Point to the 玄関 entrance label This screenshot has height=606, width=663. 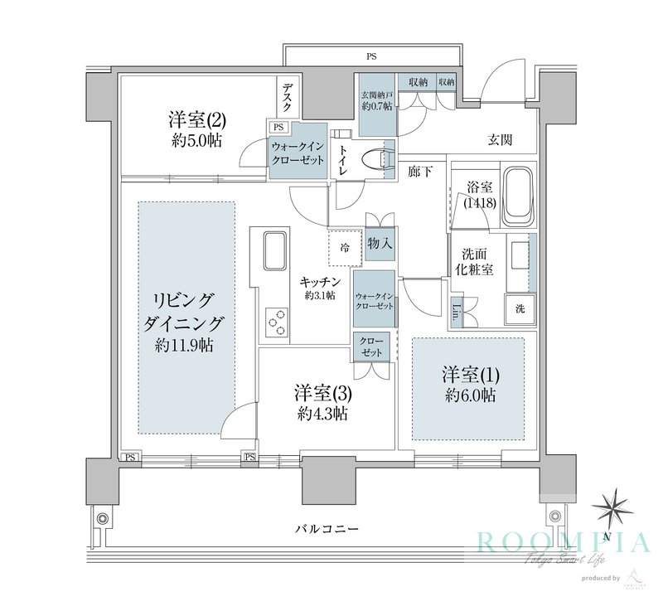pos(498,140)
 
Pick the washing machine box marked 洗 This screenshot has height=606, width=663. pos(520,309)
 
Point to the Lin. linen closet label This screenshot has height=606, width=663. pos(457,313)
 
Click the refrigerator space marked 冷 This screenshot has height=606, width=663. pos(346,246)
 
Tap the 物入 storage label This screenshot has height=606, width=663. pos(380,245)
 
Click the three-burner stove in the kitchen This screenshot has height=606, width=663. pos(276,321)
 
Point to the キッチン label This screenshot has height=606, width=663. pos(319,282)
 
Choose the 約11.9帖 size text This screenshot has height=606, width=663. pos(183,344)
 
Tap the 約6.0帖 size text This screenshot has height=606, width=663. pos(469,395)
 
